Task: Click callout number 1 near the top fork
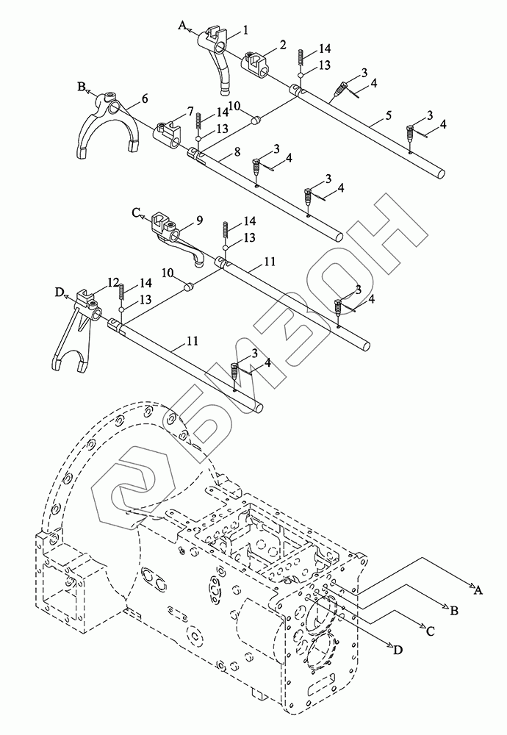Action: click(x=245, y=30)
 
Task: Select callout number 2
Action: click(x=283, y=45)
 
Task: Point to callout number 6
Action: click(x=144, y=98)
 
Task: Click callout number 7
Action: click(x=190, y=112)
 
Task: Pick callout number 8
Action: click(x=237, y=151)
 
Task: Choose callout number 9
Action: click(x=200, y=220)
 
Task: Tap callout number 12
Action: click(x=113, y=282)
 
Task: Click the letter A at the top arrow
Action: click(x=183, y=25)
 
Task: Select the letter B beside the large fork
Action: click(x=82, y=86)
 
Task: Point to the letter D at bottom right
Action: click(x=398, y=650)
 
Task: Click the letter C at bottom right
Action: click(x=430, y=631)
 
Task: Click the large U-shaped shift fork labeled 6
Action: click(x=108, y=126)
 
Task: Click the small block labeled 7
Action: click(x=168, y=134)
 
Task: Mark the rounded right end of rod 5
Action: click(x=440, y=174)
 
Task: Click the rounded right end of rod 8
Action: click(x=337, y=235)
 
